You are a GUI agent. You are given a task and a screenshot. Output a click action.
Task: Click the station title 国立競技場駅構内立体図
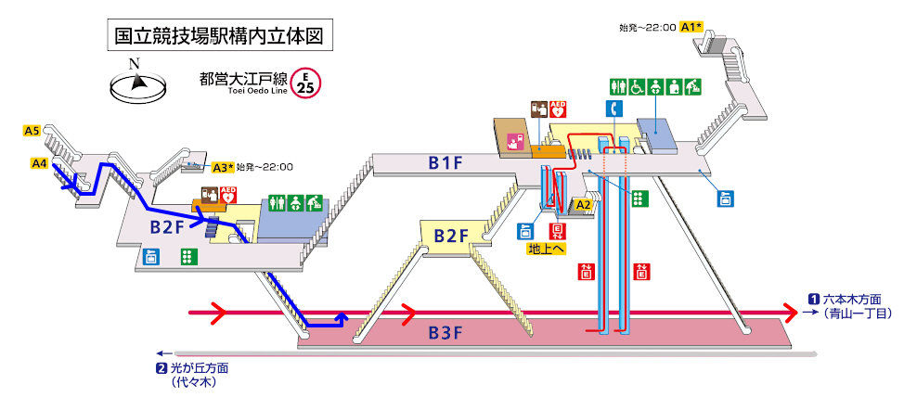(217, 36)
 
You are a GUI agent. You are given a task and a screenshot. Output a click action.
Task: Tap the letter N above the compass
(135, 63)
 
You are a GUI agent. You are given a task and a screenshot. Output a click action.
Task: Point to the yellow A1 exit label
(691, 27)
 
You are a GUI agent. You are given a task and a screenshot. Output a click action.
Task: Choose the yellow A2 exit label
(584, 204)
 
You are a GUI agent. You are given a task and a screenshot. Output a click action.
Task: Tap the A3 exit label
(221, 168)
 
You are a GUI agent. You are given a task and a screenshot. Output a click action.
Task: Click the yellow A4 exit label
(39, 164)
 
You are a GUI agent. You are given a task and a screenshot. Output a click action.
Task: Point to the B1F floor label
(446, 164)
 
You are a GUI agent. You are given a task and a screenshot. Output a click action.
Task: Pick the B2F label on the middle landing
(452, 236)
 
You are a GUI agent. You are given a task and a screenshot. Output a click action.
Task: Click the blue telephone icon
(613, 109)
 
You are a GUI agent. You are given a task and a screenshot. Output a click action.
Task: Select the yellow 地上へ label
(547, 249)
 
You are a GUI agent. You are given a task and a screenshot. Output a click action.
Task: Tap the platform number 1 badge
(813, 299)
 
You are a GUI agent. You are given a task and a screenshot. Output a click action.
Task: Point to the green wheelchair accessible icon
(638, 86)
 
